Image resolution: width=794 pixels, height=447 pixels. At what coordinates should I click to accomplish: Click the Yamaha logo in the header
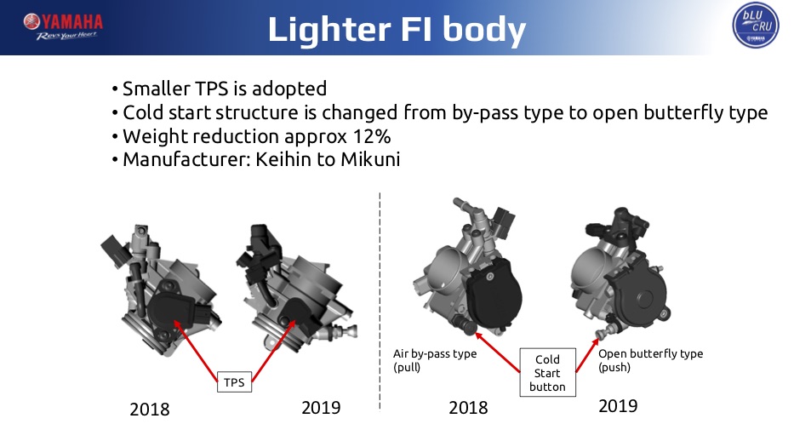[63, 26]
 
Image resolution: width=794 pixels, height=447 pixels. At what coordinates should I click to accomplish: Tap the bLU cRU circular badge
[756, 25]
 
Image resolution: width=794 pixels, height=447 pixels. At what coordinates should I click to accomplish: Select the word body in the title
[484, 30]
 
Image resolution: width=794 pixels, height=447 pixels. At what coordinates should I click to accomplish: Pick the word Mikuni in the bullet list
[370, 159]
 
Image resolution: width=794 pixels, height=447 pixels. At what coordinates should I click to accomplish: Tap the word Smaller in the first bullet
[157, 89]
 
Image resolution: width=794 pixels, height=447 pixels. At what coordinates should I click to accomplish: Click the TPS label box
[234, 382]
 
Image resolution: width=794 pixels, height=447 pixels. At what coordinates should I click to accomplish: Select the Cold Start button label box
[547, 373]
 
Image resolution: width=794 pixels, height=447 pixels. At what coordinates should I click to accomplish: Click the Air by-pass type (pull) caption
[435, 360]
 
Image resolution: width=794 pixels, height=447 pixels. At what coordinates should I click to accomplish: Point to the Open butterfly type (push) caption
[651, 360]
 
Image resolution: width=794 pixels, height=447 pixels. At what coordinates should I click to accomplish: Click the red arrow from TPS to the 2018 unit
[196, 351]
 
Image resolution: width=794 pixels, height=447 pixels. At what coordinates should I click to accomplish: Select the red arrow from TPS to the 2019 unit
[273, 350]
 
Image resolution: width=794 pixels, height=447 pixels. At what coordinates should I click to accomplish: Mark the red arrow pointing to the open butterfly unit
[587, 355]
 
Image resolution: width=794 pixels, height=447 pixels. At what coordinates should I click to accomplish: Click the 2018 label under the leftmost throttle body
[150, 409]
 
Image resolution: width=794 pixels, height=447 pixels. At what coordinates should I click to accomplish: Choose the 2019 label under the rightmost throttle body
[618, 406]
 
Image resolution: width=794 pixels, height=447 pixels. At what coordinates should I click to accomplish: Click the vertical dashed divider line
[380, 301]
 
